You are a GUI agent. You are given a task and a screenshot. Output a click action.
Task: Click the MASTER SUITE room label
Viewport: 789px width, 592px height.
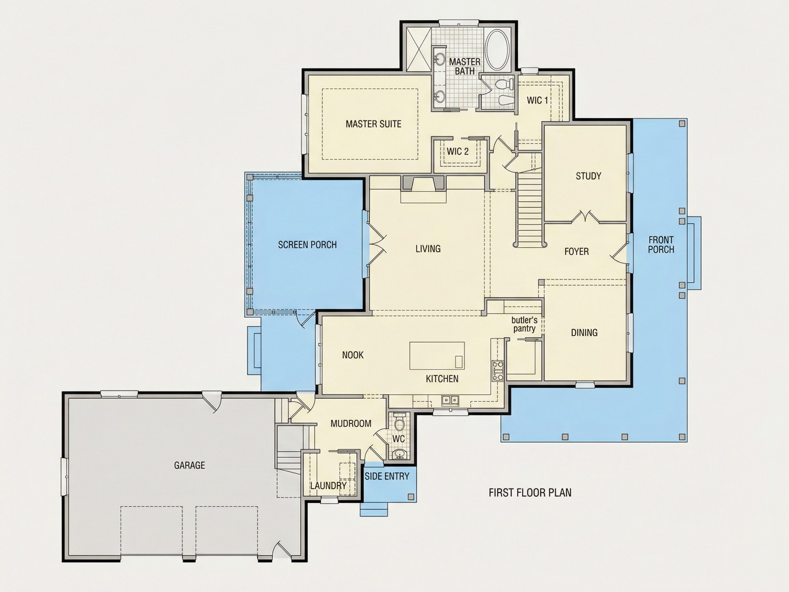pos(374,124)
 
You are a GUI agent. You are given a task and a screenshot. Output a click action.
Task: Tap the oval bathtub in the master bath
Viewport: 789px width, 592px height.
pos(498,50)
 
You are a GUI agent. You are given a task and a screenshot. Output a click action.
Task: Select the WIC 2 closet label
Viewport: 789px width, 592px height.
pos(458,151)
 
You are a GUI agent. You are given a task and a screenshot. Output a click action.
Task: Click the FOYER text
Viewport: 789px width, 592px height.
pos(576,251)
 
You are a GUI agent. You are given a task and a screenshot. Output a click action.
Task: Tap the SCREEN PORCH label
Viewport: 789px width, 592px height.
pos(307,245)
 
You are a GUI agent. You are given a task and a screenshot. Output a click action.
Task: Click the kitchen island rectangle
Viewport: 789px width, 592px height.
pos(437,355)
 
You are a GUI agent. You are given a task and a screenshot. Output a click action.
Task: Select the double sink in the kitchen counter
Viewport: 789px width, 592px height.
pos(450,400)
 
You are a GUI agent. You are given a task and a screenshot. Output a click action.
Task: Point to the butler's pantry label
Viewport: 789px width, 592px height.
pos(524,324)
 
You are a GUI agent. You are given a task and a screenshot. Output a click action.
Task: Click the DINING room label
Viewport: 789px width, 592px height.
pos(584,333)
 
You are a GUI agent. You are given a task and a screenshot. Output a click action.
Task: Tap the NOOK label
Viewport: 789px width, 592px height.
pos(353,355)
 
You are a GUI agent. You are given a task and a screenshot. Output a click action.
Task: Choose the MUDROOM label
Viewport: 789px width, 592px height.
pos(351,423)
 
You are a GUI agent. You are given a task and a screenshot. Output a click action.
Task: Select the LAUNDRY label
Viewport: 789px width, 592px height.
pos(328,486)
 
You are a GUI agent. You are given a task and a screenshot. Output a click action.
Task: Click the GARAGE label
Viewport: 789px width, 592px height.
pos(189,465)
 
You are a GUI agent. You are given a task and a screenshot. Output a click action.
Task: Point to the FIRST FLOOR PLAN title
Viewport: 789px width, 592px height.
pos(530,493)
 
